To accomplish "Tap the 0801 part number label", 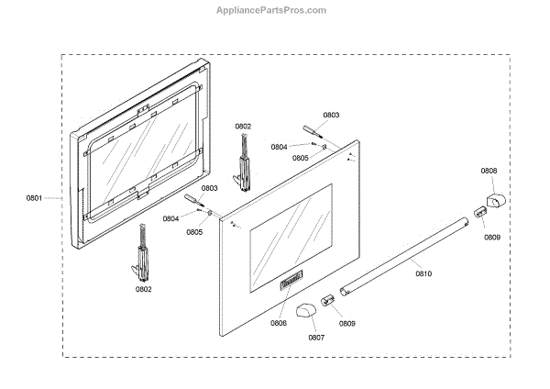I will coord(35,196).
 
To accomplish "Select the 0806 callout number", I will coord(279,322).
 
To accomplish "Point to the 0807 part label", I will coord(316,337).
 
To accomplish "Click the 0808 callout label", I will coord(489,171).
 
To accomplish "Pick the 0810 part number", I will coord(422,273).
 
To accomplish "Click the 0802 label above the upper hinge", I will coord(243,126).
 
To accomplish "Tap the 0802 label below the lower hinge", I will coord(143,289).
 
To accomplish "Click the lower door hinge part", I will coord(143,251).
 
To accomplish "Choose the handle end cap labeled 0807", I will coord(305,305).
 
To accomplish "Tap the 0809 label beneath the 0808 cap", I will coord(493,237).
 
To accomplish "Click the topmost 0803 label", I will coord(331,115).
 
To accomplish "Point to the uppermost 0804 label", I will coord(279,147).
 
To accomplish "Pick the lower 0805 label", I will coord(194,232).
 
